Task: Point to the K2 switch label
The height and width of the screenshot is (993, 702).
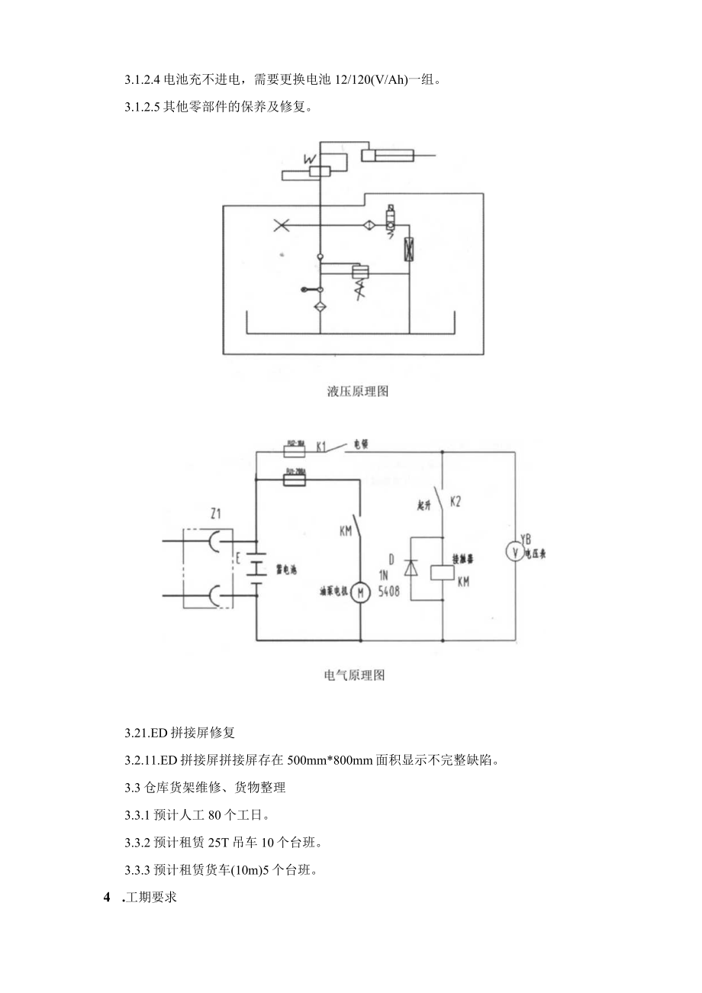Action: coord(456,502)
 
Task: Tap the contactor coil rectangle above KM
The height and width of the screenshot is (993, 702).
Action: coord(442,572)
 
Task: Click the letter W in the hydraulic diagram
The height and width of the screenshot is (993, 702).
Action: coord(310,159)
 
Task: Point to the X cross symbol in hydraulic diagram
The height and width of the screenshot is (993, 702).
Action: coord(281,225)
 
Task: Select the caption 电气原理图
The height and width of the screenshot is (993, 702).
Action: coord(354,675)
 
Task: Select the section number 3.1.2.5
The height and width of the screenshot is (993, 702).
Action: coord(141,107)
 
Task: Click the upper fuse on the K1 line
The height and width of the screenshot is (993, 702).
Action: coord(295,444)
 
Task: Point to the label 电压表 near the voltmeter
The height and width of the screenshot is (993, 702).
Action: coord(534,555)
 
